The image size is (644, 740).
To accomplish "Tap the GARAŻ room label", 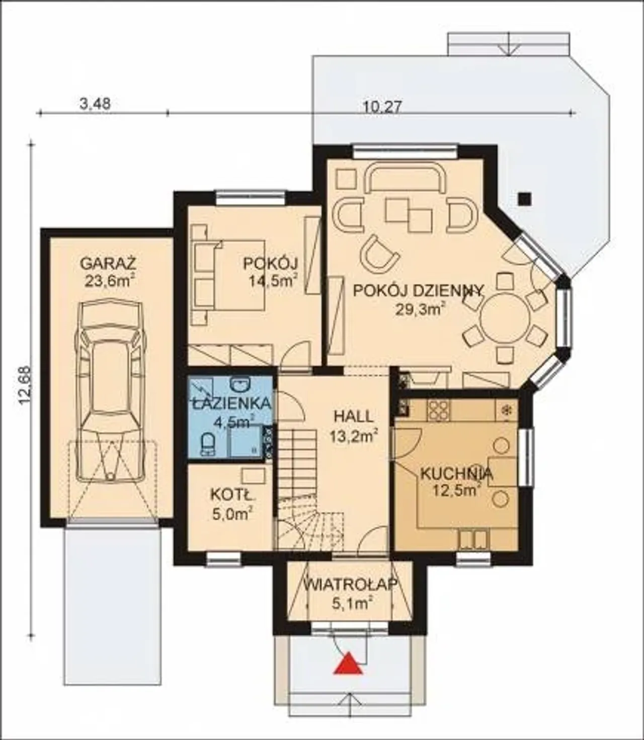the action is tap(108, 263).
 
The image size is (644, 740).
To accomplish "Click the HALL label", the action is tap(353, 417).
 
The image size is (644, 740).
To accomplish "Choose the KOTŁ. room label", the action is tap(232, 495).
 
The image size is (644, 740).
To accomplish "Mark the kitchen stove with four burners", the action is tap(438, 411).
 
